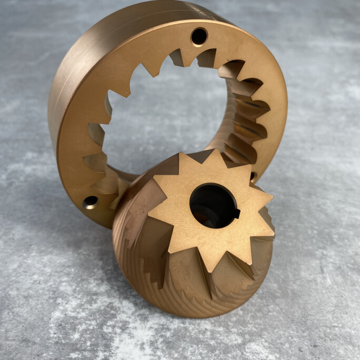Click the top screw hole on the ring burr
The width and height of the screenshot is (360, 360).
click(199, 36)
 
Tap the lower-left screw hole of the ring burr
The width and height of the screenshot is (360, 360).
click(90, 202)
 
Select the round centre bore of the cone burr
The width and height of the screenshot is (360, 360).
click(212, 205)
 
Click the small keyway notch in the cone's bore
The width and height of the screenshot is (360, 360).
click(237, 213)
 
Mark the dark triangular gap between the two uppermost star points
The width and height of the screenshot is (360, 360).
click(203, 156)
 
